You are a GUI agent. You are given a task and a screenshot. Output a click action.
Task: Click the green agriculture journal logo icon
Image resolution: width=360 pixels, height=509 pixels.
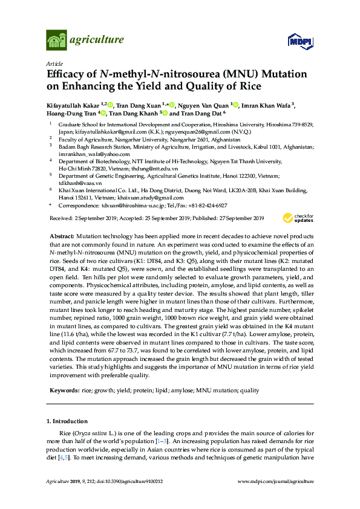click(x=56, y=41)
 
